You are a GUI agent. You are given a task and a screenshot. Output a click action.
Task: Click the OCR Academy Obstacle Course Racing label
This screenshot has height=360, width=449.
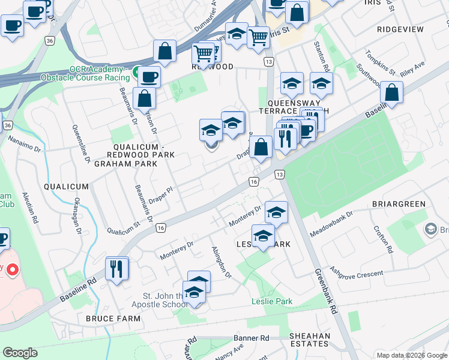point(85,73)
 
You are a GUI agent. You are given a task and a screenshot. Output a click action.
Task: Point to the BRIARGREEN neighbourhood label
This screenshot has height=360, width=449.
point(399,204)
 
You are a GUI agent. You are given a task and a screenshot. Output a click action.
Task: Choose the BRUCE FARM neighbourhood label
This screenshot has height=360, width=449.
point(109,318)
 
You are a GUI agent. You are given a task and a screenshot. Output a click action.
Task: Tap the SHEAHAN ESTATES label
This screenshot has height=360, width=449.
point(309,340)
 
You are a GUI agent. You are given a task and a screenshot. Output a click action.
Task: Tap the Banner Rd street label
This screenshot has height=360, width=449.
point(252,338)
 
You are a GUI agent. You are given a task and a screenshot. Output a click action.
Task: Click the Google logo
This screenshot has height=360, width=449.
point(20,353)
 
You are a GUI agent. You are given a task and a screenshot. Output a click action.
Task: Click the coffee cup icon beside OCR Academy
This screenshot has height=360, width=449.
point(149,77)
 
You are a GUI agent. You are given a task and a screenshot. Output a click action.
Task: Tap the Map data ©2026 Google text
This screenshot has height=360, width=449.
point(411,355)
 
